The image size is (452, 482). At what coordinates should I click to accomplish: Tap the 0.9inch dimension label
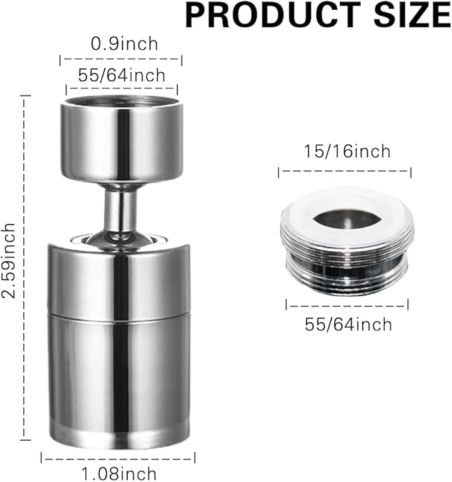pos(125,45)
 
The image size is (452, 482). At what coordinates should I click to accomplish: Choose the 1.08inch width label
pos(118,473)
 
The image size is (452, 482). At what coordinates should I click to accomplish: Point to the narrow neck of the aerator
pos(120,206)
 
